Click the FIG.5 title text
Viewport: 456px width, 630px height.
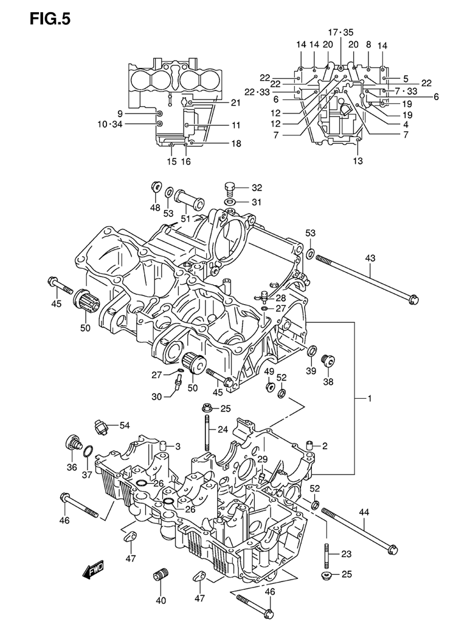(50, 19)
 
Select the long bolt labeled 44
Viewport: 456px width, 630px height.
(360, 530)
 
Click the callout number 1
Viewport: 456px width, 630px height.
(369, 398)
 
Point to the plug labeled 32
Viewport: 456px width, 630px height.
(229, 188)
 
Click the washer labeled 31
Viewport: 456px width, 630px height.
(230, 202)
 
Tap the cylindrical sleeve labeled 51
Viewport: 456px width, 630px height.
(188, 200)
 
